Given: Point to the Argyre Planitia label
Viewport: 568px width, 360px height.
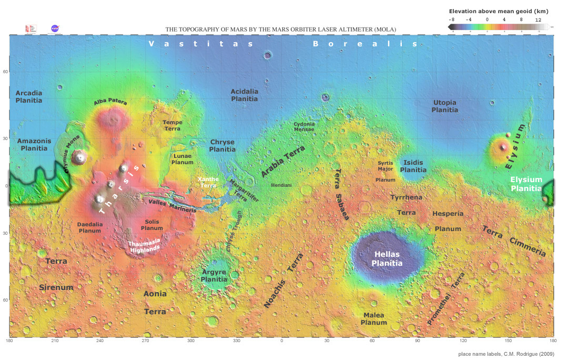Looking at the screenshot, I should (214, 276).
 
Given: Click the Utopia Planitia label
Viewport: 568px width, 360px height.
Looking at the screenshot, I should (444, 106).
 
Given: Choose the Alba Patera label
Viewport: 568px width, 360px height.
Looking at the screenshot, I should (110, 103).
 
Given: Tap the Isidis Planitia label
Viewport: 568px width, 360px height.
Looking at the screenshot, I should (413, 166).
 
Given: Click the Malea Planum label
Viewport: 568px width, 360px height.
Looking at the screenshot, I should (373, 319).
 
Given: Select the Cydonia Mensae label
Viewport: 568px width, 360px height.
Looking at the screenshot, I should (304, 126).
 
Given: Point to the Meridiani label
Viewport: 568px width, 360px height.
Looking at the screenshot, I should (281, 185).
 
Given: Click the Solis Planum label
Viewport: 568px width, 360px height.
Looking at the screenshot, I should (152, 225).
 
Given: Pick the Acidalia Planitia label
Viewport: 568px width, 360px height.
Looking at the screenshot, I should (245, 95).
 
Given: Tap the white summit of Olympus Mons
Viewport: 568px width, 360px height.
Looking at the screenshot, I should (80, 156).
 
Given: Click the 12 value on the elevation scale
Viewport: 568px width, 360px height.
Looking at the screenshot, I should (538, 19).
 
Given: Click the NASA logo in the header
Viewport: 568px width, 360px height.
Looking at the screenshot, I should (55, 28).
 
